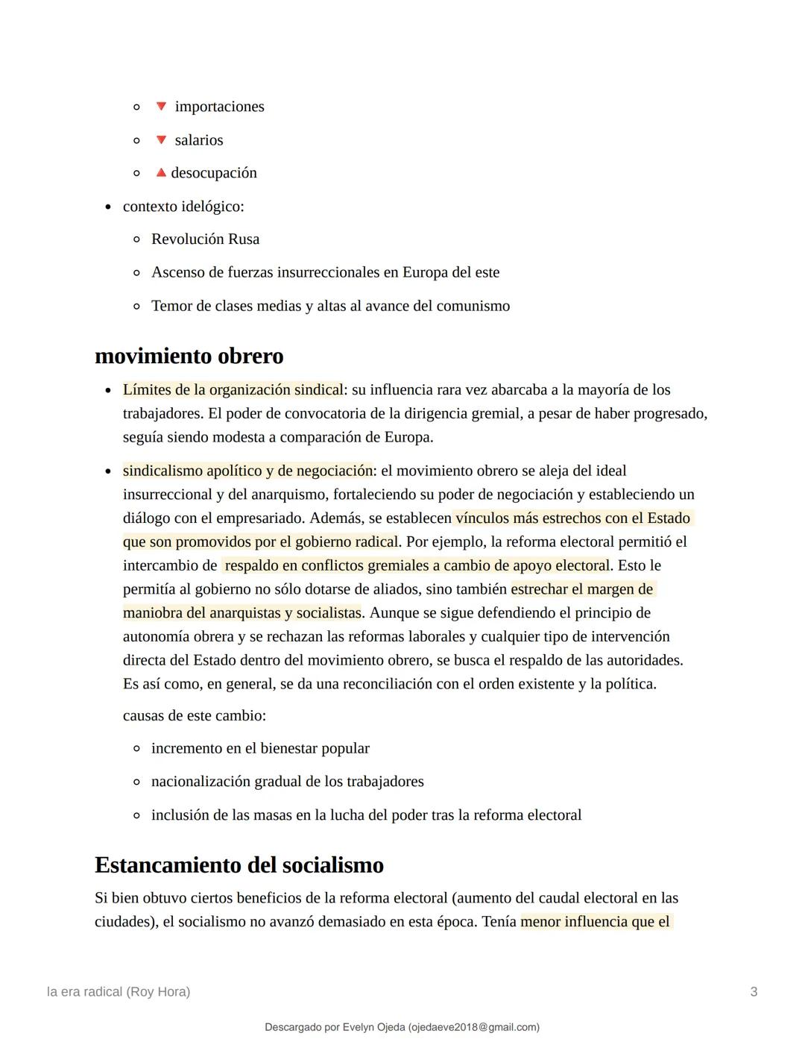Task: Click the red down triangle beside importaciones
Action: [161, 107]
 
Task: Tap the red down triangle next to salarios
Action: [161, 140]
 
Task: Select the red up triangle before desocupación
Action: [161, 173]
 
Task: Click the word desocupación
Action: [214, 173]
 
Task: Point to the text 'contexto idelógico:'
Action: [183, 207]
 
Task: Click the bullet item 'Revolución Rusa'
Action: [205, 239]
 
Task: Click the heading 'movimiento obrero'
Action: [189, 356]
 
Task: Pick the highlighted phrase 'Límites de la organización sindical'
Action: [233, 390]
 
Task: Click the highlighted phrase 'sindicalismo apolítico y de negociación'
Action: [247, 471]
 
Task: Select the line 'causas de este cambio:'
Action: [195, 716]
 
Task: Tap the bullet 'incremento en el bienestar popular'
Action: [260, 749]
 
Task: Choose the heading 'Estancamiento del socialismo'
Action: [239, 865]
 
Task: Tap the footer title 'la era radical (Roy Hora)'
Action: [119, 992]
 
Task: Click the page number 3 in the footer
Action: [754, 992]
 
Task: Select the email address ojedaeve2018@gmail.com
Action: [473, 1028]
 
